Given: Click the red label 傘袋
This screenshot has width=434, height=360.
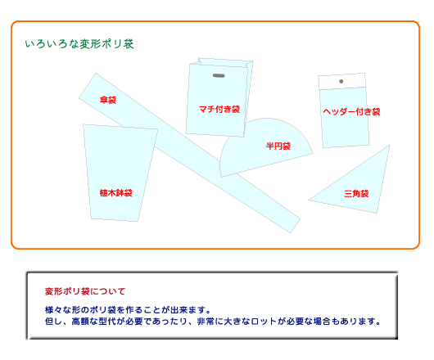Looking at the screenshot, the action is pyautogui.click(x=108, y=100).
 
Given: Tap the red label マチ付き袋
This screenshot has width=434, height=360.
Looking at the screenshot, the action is pyautogui.click(x=219, y=109).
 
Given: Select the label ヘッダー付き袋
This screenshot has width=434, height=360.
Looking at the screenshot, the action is pyautogui.click(x=351, y=112).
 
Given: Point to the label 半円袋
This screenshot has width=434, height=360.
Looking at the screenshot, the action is pyautogui.click(x=278, y=146).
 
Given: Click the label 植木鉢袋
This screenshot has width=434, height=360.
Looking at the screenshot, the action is pyautogui.click(x=115, y=193).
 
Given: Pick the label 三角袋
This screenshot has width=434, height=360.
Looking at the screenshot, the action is pyautogui.click(x=356, y=193).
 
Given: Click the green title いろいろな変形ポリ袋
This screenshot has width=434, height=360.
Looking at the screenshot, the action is pyautogui.click(x=79, y=44).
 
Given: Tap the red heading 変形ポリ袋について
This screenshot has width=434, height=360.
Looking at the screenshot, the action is pyautogui.click(x=85, y=291).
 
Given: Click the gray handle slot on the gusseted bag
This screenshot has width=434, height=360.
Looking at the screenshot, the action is pyautogui.click(x=219, y=75).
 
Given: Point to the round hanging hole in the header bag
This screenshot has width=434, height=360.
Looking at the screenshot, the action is pyautogui.click(x=341, y=81).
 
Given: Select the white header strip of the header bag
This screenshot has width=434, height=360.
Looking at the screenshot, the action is pyautogui.click(x=342, y=81).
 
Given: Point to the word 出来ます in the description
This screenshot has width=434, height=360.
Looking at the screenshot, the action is pyautogui.click(x=188, y=309).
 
